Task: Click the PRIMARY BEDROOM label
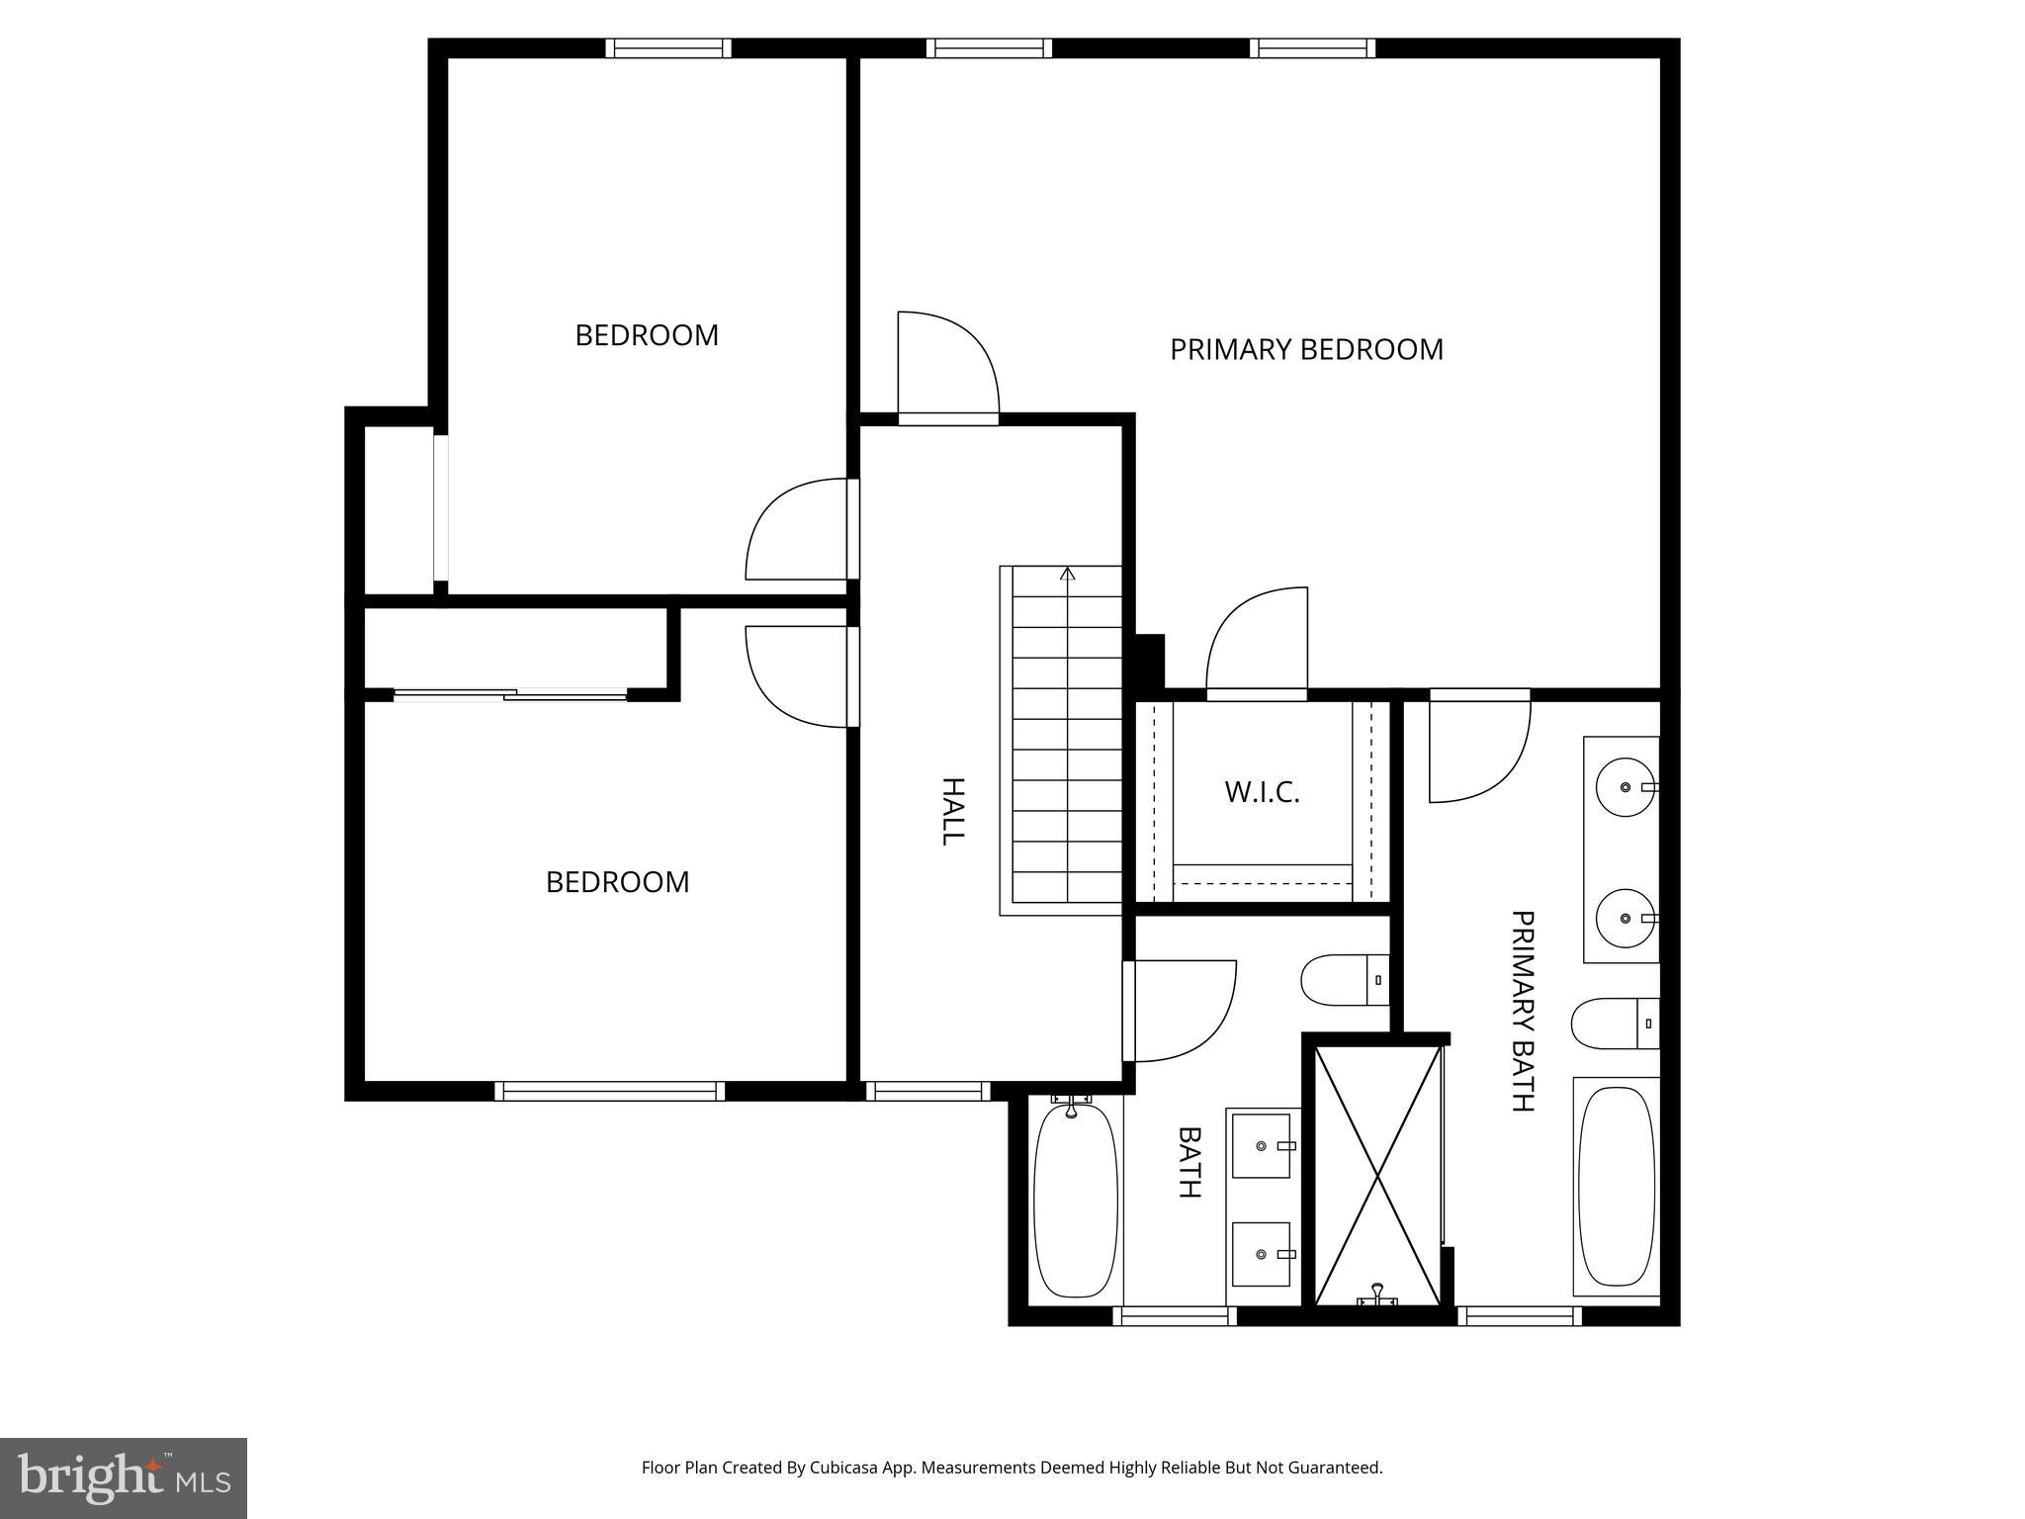(x=1305, y=350)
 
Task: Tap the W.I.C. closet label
(x=1262, y=792)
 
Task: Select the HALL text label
(x=951, y=811)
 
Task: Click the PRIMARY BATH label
(x=1523, y=1011)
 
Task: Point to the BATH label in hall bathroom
(x=1189, y=1162)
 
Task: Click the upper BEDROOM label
(x=647, y=335)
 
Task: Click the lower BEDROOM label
(x=617, y=882)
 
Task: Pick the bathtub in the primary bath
(x=1616, y=1186)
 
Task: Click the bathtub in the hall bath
(x=1075, y=1200)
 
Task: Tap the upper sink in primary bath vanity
(x=1625, y=787)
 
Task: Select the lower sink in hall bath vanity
(x=1262, y=1254)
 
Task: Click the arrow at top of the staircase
(x=1067, y=574)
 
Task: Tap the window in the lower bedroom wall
(x=609, y=1091)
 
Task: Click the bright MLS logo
(x=123, y=1476)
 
